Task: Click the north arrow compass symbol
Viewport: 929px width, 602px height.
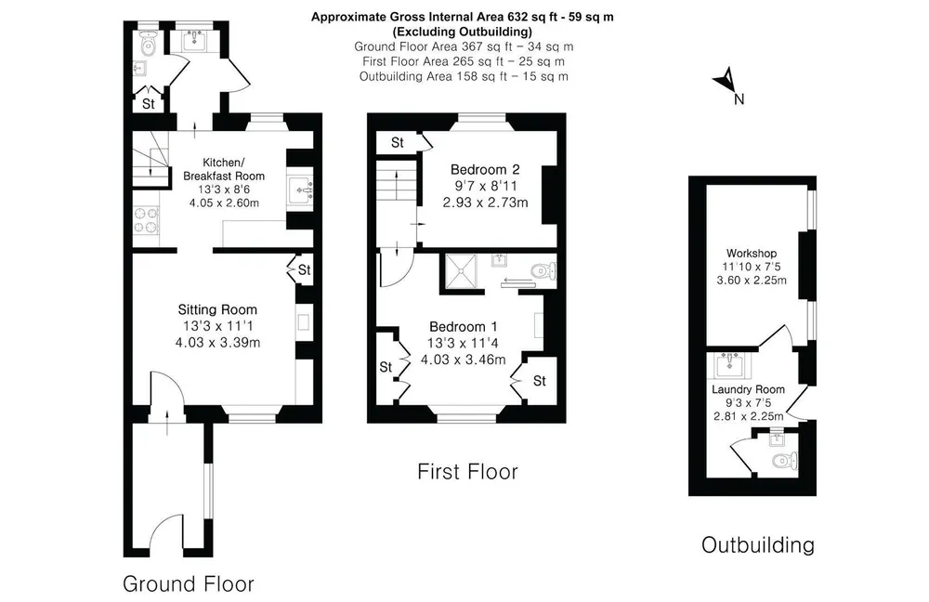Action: pos(727,81)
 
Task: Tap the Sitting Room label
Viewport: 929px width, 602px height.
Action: pos(217,309)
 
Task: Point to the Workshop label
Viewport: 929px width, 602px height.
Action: pos(752,253)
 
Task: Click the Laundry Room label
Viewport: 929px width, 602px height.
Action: pos(748,389)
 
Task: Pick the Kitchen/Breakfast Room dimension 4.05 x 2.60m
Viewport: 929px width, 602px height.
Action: pos(224,203)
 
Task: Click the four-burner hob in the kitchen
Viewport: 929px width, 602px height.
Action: pos(146,219)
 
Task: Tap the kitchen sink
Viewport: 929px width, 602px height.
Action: pos(300,190)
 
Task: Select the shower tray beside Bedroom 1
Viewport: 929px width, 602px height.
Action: pos(461,271)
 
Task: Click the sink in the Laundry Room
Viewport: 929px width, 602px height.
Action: pos(728,365)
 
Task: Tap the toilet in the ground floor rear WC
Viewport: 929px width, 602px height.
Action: pos(147,44)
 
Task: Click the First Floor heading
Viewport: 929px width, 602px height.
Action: pos(467,472)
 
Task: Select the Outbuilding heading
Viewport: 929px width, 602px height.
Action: pos(758,545)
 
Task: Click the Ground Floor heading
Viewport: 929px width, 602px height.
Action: pos(189,584)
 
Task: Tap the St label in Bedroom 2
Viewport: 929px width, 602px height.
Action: pos(398,142)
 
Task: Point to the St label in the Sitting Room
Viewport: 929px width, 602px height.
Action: pos(304,270)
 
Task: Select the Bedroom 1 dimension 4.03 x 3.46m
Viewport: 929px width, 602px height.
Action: pos(464,360)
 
